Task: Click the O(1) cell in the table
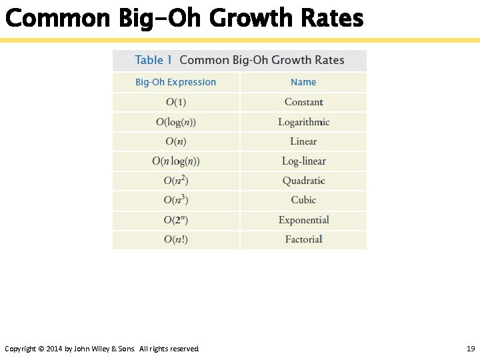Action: coord(176,102)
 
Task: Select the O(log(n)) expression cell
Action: coord(176,122)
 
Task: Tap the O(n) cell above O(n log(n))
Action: coord(176,141)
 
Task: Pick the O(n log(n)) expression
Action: coord(176,161)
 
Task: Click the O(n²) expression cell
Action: coord(176,181)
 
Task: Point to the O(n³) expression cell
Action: coord(176,200)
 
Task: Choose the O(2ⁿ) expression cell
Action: coord(176,220)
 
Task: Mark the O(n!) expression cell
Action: coord(176,239)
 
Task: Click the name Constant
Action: coord(303,102)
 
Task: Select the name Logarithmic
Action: coord(303,122)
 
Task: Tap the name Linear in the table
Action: coord(303,141)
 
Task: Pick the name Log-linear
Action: coord(303,161)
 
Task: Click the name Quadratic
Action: coord(303,181)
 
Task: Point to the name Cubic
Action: coord(303,200)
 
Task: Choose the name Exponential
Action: coord(303,220)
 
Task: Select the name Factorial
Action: coord(303,239)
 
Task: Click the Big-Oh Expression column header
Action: coord(176,82)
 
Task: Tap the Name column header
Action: coord(303,82)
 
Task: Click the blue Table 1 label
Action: coord(153,60)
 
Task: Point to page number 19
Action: coord(470,349)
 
